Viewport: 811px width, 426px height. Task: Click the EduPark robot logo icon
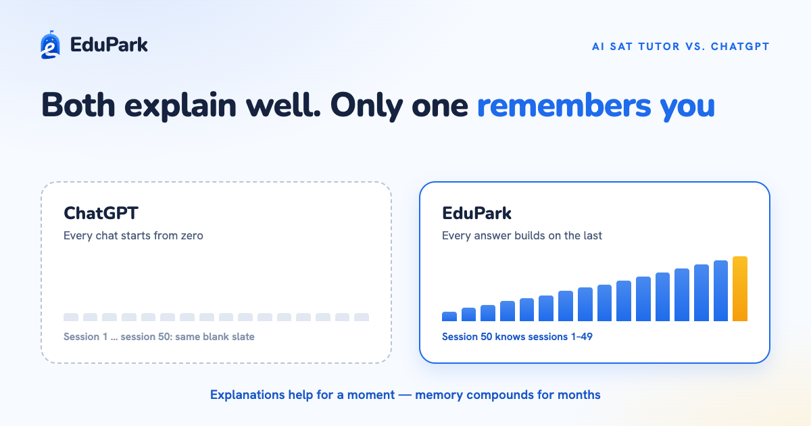click(50, 45)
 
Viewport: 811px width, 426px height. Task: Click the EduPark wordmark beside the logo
click(109, 45)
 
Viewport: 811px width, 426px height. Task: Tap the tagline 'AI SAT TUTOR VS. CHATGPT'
click(681, 47)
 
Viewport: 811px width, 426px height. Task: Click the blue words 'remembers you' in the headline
click(596, 105)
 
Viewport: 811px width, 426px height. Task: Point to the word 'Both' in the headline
click(78, 105)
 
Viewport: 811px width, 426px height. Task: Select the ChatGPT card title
click(101, 213)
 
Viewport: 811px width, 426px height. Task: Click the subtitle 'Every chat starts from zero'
click(133, 235)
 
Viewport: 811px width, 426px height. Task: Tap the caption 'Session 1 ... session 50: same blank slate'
click(159, 337)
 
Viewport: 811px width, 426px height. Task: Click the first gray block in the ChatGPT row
click(71, 317)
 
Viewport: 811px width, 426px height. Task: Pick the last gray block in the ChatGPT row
click(362, 317)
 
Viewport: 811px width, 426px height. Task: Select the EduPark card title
click(476, 213)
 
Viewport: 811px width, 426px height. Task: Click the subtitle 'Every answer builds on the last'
click(522, 235)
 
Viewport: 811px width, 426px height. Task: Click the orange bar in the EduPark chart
click(740, 289)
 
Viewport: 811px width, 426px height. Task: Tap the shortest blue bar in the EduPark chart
click(449, 316)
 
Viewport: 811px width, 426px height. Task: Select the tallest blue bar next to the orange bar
click(720, 291)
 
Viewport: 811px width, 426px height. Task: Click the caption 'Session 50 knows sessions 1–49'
click(517, 337)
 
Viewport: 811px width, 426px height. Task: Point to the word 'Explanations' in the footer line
click(248, 395)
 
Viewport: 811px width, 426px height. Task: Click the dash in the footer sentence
click(405, 395)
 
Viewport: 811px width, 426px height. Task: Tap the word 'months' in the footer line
click(579, 394)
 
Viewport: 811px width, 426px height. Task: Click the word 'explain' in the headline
click(180, 105)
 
